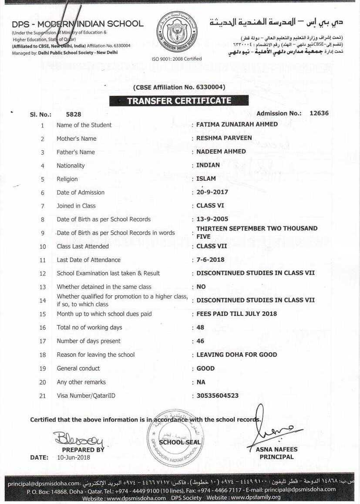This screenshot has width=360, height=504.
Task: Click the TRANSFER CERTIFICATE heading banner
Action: tap(179, 101)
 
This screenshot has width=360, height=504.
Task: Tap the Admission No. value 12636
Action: tap(319, 113)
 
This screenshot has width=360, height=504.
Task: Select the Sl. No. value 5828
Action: tap(73, 115)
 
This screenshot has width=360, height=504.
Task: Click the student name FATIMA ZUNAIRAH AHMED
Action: tap(237, 125)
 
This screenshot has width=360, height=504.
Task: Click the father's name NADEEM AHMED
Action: tap(221, 152)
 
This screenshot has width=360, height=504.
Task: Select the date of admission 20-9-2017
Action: tap(212, 192)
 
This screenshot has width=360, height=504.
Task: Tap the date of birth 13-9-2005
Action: tap(212, 219)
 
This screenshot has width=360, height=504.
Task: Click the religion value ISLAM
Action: tap(206, 179)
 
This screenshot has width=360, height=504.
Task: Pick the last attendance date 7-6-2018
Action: tap(210, 260)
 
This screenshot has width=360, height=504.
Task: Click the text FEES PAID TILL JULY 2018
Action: tap(236, 314)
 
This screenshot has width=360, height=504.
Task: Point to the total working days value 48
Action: tap(200, 327)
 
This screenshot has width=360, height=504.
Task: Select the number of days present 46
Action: tap(200, 341)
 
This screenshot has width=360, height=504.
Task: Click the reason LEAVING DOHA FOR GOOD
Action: tap(236, 355)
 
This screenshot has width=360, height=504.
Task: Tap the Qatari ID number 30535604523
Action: tap(217, 396)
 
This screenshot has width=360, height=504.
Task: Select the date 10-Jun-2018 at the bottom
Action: tap(74, 457)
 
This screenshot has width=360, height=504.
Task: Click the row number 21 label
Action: tap(43, 396)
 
